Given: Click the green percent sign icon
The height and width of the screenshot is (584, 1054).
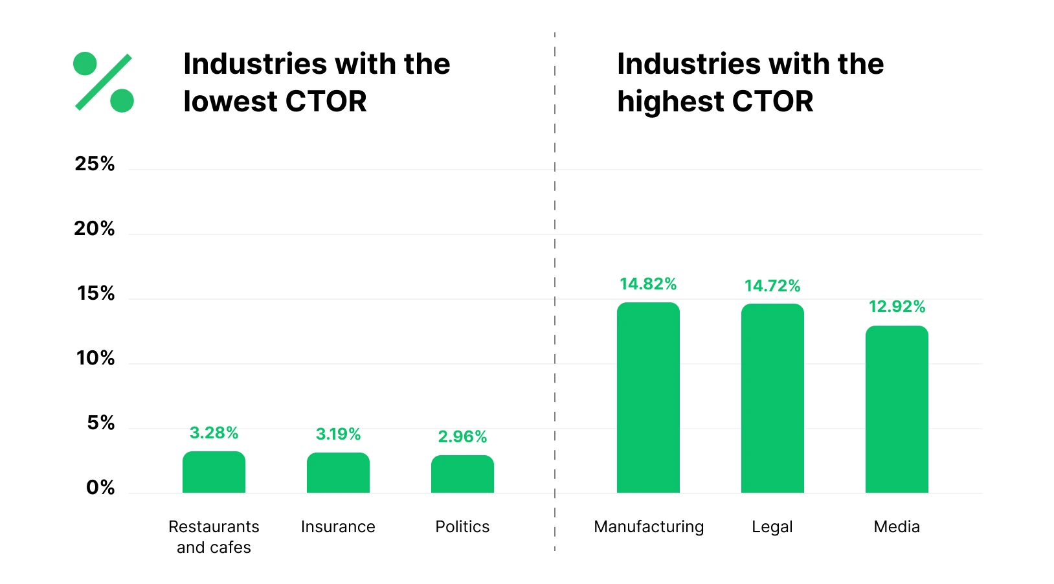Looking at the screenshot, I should (x=104, y=82).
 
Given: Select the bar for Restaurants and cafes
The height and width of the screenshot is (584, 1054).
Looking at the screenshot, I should (x=214, y=473).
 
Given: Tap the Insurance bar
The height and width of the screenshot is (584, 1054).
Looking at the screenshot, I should (x=338, y=473).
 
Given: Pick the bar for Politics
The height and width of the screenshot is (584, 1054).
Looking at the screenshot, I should (x=462, y=475).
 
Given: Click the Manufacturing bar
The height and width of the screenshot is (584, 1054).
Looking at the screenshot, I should (x=648, y=398).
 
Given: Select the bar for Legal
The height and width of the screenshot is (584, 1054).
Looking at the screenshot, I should (x=772, y=398).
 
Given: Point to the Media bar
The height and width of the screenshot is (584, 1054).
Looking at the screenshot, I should (x=897, y=409).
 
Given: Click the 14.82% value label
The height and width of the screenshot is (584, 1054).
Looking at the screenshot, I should (x=648, y=284).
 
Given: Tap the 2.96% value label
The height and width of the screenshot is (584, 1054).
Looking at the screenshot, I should (x=462, y=437).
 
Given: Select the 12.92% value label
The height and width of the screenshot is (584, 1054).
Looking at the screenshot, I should (x=897, y=307).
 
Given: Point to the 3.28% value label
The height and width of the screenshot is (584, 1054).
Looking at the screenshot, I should (x=214, y=433).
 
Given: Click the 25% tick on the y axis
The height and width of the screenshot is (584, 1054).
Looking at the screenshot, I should (x=95, y=164).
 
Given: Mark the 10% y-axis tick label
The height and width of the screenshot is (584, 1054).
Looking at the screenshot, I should (x=95, y=358).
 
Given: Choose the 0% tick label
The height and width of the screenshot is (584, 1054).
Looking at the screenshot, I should (x=100, y=488).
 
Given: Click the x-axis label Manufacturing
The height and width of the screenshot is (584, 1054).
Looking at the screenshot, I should (x=649, y=527).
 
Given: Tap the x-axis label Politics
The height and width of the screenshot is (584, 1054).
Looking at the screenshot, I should (x=462, y=527).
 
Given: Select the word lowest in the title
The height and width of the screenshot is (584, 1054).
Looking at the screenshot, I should (x=230, y=102).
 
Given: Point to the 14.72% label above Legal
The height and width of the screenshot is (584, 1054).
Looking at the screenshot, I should (x=772, y=286).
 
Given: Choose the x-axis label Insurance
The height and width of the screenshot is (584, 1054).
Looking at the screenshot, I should (x=338, y=527).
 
